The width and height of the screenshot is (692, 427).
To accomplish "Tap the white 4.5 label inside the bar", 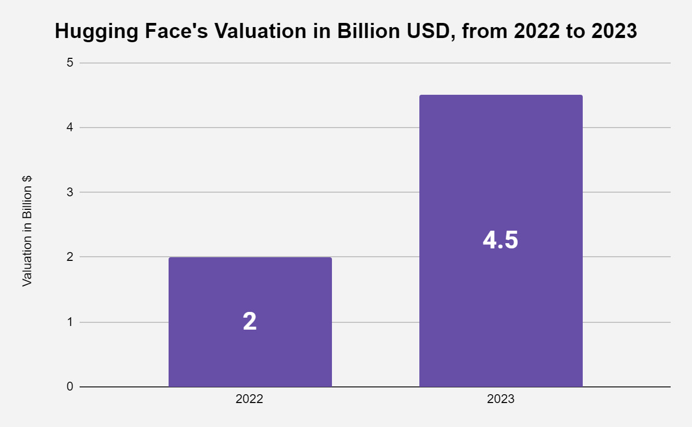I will click(501, 241).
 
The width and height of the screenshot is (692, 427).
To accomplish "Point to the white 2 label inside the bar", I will click(250, 322).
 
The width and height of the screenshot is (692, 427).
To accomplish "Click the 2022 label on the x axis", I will click(249, 399).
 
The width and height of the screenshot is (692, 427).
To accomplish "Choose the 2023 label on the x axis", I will click(501, 399).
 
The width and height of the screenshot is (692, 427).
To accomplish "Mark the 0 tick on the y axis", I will click(70, 387).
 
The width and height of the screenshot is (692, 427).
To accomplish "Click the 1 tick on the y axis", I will click(70, 322).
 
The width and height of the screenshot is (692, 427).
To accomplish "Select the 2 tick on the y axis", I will click(70, 257).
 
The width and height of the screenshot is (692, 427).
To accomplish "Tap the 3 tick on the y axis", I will click(70, 193).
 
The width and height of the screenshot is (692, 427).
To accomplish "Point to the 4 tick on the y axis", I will click(70, 128).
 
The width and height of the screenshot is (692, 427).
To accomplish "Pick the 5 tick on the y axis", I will click(70, 63).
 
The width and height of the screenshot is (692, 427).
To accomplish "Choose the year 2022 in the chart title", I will click(535, 32).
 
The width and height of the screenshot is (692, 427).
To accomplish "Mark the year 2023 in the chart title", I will click(614, 32).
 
